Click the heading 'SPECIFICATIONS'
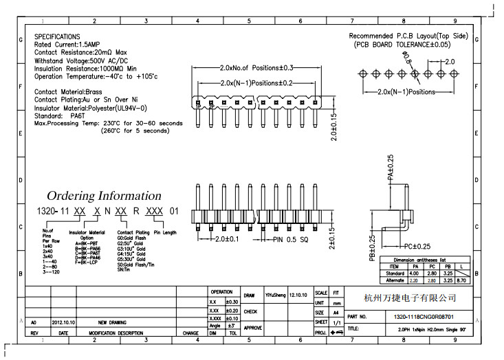(x=57, y=36)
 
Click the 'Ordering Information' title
(x=104, y=196)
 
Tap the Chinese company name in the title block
(x=410, y=297)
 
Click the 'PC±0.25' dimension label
(x=417, y=246)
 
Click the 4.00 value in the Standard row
(x=415, y=273)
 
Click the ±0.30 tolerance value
(x=232, y=302)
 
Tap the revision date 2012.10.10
(x=63, y=322)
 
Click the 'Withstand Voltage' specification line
(x=85, y=60)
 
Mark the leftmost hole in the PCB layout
(x=363, y=74)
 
